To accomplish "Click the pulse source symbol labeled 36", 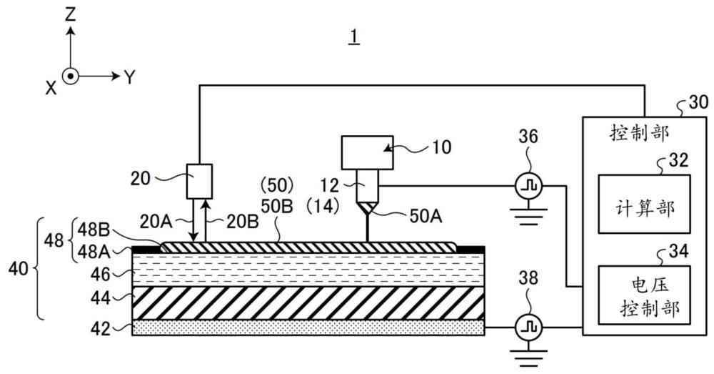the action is click(x=528, y=186).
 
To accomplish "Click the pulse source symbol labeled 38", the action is click(x=528, y=328).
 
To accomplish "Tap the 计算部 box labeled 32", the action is click(x=644, y=204).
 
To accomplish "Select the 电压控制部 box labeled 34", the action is click(x=644, y=295).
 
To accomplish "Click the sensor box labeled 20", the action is click(x=199, y=182).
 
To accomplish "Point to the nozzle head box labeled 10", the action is click(x=367, y=152).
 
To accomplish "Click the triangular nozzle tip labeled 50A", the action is click(x=367, y=208).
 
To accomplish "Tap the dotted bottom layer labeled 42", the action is click(x=308, y=328).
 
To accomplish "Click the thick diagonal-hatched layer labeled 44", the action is click(x=308, y=303).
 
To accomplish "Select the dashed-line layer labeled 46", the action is click(x=308, y=270).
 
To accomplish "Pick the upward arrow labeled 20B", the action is click(x=206, y=220).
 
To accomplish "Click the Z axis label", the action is click(x=70, y=16).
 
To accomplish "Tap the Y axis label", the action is click(x=130, y=77).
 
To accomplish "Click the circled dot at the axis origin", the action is click(x=70, y=77).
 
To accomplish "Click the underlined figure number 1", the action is click(x=354, y=36).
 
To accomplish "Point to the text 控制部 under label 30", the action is click(x=639, y=133).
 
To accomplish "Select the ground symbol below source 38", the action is click(x=528, y=355).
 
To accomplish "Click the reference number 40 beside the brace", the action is click(x=19, y=269).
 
